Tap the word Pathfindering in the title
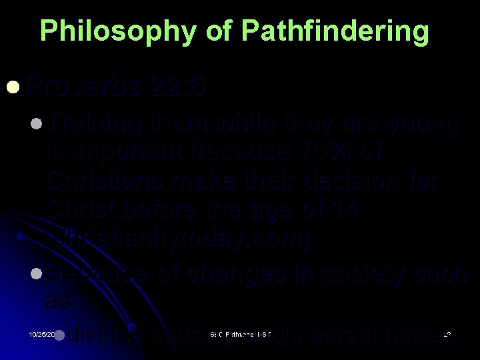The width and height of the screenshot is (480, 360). tap(335, 31)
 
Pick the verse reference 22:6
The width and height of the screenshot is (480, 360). tap(179, 86)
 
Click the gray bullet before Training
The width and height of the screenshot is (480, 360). tap(37, 124)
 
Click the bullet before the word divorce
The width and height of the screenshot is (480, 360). tap(59, 335)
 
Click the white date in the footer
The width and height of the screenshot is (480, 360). tap(41, 333)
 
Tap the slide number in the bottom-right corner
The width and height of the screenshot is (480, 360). tap(447, 333)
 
